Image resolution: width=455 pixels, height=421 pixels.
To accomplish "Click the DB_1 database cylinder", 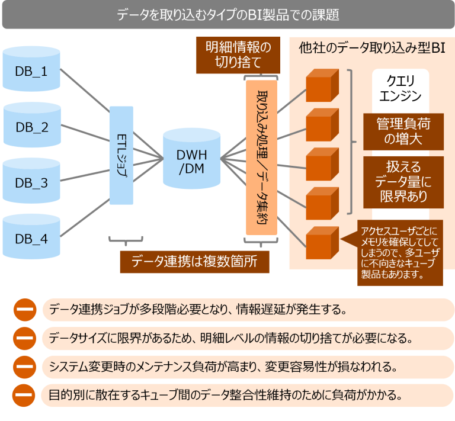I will tap(31, 71).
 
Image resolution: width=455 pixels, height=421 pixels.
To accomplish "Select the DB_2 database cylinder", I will tap(31, 127).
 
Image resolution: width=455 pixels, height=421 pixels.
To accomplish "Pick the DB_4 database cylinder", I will tap(31, 239).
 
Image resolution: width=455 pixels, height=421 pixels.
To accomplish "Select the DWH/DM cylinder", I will tap(191, 155).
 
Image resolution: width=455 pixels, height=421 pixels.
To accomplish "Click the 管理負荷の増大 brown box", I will tap(403, 131).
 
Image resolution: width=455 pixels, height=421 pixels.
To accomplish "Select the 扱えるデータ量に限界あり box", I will tap(403, 181).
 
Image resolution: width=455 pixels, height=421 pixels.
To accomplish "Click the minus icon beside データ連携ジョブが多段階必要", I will tap(24, 309).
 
